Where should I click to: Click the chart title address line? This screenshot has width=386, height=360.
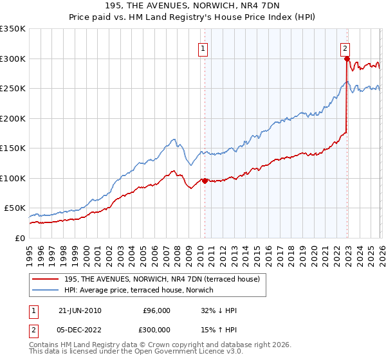(x=193, y=6)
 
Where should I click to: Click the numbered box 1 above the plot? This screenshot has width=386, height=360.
(x=203, y=48)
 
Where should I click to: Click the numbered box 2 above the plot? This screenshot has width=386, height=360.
(x=345, y=48)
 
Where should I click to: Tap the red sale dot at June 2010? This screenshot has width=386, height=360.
(x=205, y=181)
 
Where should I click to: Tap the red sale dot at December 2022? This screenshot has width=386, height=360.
(x=347, y=59)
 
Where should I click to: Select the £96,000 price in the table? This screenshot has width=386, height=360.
(x=156, y=310)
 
